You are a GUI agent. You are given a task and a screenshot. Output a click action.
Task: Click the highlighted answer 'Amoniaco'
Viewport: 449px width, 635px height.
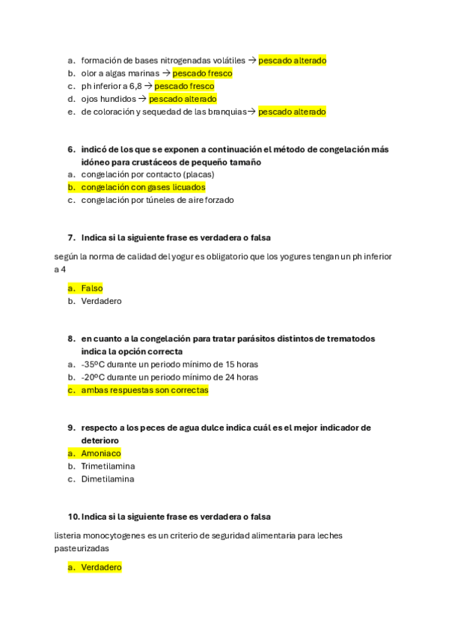point(100,453)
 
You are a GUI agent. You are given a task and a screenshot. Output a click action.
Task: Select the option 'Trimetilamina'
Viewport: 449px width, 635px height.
point(108,466)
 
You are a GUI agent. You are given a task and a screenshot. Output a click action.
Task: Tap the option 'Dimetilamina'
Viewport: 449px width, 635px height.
point(108,479)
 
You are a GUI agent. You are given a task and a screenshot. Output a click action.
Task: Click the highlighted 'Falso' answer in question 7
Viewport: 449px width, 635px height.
point(91,288)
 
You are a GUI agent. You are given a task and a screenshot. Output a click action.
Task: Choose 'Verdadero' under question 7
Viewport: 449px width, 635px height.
point(101,301)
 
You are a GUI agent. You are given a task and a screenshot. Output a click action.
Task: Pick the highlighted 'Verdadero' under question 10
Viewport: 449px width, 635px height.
point(101,568)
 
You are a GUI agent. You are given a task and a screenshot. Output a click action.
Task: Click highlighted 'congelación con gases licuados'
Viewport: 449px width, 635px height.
point(143,187)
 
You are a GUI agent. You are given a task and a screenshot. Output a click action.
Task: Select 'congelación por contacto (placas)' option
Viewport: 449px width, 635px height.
point(147,174)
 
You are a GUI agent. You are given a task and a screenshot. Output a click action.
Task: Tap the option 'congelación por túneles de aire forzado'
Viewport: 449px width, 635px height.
point(157,200)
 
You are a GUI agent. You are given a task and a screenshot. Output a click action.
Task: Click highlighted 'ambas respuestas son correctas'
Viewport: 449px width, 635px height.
point(144,390)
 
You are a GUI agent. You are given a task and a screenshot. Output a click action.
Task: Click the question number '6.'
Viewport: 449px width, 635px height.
point(71,149)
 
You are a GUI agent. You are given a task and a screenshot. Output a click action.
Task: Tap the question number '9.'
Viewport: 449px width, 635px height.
point(71,428)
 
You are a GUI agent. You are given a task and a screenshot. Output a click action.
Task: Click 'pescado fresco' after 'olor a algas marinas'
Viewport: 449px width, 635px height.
point(202,73)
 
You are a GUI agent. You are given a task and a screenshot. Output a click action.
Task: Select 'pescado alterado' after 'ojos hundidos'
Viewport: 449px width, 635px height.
point(183,99)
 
